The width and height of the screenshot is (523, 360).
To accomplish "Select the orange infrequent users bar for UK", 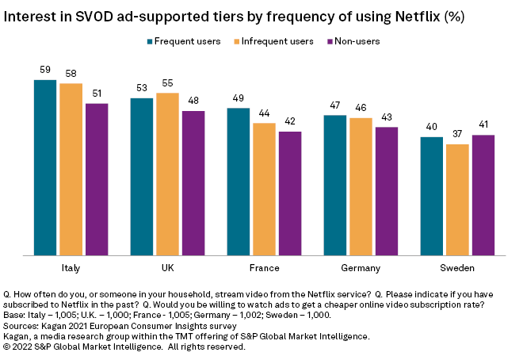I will [167, 174].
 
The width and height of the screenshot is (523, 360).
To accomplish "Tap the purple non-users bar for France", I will [290, 193].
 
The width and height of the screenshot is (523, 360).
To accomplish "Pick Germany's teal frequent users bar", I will [335, 186].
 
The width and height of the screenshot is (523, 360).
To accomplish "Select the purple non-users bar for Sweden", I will [483, 195].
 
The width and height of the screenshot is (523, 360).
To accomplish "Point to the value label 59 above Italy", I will [45, 71].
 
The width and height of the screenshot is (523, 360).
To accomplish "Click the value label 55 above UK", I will [167, 83].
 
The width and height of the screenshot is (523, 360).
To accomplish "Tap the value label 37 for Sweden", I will [457, 135].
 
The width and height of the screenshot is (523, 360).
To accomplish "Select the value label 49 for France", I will [239, 98].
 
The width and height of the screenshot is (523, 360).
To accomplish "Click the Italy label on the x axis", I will [71, 268].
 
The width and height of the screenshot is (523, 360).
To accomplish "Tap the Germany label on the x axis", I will [361, 268].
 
